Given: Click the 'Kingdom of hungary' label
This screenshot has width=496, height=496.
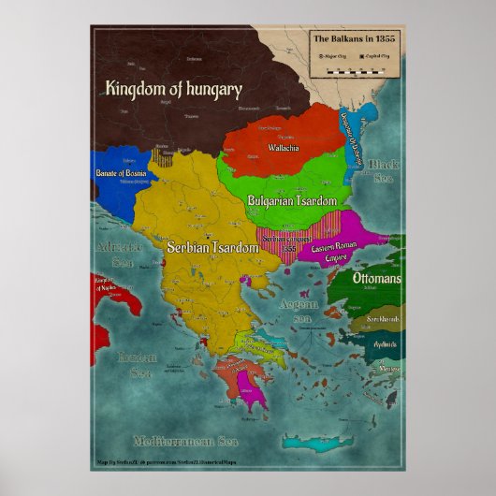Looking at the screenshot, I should [x=174, y=90].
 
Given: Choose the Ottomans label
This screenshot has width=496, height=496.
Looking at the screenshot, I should [x=377, y=279].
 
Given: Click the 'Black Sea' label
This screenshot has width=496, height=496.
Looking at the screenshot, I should [x=383, y=171].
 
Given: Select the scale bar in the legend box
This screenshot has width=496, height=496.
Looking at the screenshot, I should [x=356, y=71].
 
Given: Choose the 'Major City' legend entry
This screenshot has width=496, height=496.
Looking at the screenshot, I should [x=334, y=56].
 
